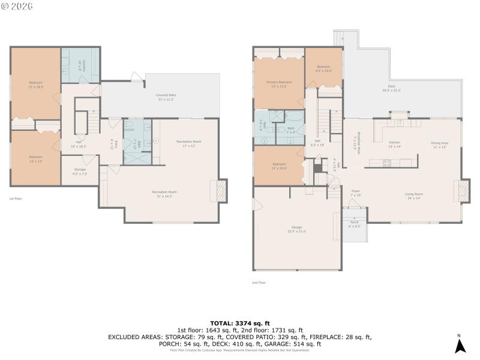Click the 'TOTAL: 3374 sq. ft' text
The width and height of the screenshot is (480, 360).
tap(239, 323)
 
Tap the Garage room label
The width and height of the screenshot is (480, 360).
tap(296, 229)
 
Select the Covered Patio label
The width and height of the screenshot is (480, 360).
tap(166, 97)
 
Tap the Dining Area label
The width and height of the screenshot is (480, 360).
tap(439, 145)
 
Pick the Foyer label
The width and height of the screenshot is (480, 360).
tap(355, 193)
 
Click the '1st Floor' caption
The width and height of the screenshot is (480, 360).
tap(16, 198)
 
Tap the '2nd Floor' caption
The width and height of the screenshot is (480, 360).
tap(259, 282)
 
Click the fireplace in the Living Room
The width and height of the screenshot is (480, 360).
tap(463, 191)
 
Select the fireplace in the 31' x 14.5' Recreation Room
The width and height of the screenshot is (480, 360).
tap(221, 191)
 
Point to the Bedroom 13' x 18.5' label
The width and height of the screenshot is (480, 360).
tap(35, 84)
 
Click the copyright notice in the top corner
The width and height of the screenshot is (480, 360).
tap(17, 5)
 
